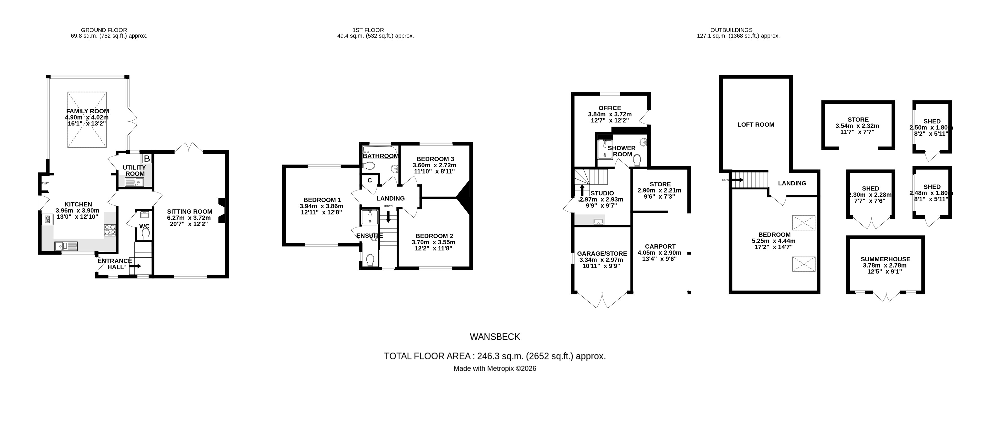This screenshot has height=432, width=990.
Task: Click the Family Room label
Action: (87, 111)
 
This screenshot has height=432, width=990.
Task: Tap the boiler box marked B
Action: (147, 159)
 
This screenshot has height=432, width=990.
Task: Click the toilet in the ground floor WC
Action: (145, 233)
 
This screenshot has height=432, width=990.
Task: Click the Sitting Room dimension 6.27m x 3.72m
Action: (189, 218)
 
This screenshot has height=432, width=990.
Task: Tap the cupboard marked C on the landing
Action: (370, 181)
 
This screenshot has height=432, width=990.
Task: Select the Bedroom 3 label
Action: (435, 159)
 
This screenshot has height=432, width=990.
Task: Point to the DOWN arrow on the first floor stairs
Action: (388, 217)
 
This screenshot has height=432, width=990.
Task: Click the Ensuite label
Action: (369, 235)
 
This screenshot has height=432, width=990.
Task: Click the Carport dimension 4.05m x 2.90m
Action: (659, 253)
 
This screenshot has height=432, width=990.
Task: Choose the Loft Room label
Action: (756, 125)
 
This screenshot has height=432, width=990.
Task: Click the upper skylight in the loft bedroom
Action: (804, 222)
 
